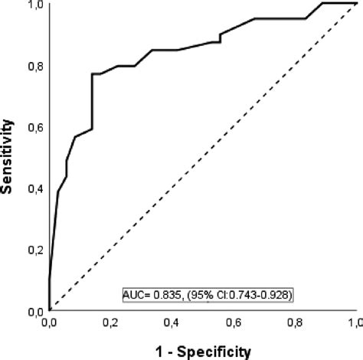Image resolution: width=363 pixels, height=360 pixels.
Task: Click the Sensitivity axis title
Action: tap(9, 157)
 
